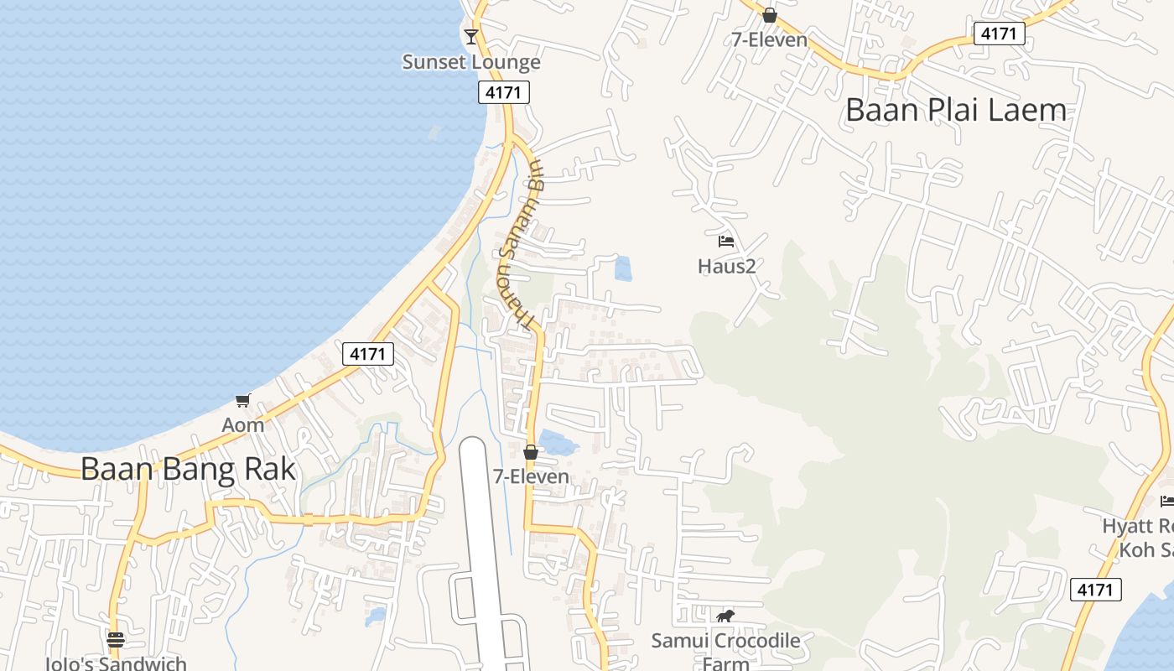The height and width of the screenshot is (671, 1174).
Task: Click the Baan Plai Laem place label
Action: (956, 110)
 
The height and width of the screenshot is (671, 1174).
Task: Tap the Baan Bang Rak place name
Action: (188, 468)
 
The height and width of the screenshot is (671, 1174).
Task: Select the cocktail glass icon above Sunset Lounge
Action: (470, 36)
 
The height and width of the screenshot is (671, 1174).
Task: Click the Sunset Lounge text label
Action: (471, 62)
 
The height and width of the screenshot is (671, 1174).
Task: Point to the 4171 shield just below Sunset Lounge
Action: (504, 92)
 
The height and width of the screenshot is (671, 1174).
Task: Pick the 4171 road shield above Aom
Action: (368, 354)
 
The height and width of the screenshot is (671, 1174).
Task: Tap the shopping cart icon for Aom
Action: (242, 400)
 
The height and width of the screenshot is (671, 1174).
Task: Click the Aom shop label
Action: (242, 424)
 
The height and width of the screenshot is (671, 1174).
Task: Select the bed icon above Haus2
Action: (726, 242)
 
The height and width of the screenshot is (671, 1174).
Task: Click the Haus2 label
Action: (726, 266)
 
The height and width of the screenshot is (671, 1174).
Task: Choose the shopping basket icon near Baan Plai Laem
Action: (769, 15)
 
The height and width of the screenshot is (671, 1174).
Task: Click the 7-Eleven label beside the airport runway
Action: (531, 476)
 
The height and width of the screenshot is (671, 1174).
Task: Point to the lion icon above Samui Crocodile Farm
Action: (725, 616)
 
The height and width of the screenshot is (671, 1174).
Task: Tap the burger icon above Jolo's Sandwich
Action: (116, 640)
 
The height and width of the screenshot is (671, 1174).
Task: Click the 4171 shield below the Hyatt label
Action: (1096, 590)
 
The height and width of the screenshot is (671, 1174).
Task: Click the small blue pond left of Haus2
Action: (623, 268)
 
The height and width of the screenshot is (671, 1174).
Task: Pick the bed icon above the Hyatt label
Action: (1166, 501)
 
